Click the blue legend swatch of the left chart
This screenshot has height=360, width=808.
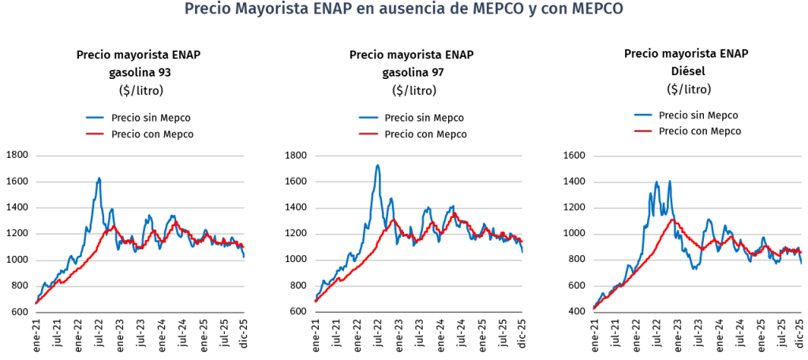point(95,118)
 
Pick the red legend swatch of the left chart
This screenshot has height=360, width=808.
point(95,134)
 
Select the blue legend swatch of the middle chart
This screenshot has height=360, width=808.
point(368,118)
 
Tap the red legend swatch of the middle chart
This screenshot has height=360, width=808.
point(368,134)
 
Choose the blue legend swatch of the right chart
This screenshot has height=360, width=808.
point(643,115)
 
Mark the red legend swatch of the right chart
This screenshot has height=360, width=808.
point(643,130)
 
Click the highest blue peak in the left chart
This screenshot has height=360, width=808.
point(99,178)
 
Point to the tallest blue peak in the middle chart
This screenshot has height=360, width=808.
point(378,165)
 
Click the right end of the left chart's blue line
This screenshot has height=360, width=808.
point(245,257)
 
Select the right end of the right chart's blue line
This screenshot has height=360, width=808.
point(802,263)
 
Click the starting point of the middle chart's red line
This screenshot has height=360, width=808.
point(315,302)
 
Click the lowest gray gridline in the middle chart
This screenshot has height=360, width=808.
point(418,287)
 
